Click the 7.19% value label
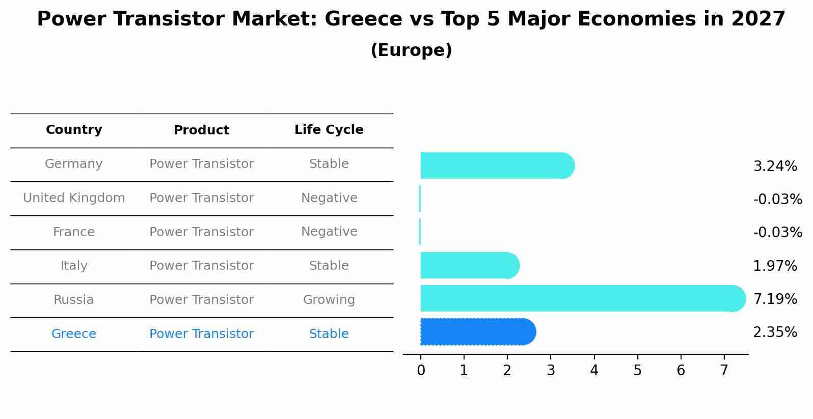pos(775,299)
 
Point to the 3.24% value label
pos(775,166)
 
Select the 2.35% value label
pos(775,332)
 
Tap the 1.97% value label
pos(775,266)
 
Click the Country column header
pos(74,130)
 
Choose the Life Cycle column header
pos(329,130)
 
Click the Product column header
pos(201,130)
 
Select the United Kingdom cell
pos(74,198)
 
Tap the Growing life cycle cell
pos(329,300)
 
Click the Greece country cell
pos(74,334)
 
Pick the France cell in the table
pos(74,232)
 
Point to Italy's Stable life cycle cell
pos(329,266)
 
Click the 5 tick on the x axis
pos(637,370)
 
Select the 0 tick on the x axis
pos(421,370)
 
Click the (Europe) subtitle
pos(411,50)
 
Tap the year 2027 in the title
pos(758,19)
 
